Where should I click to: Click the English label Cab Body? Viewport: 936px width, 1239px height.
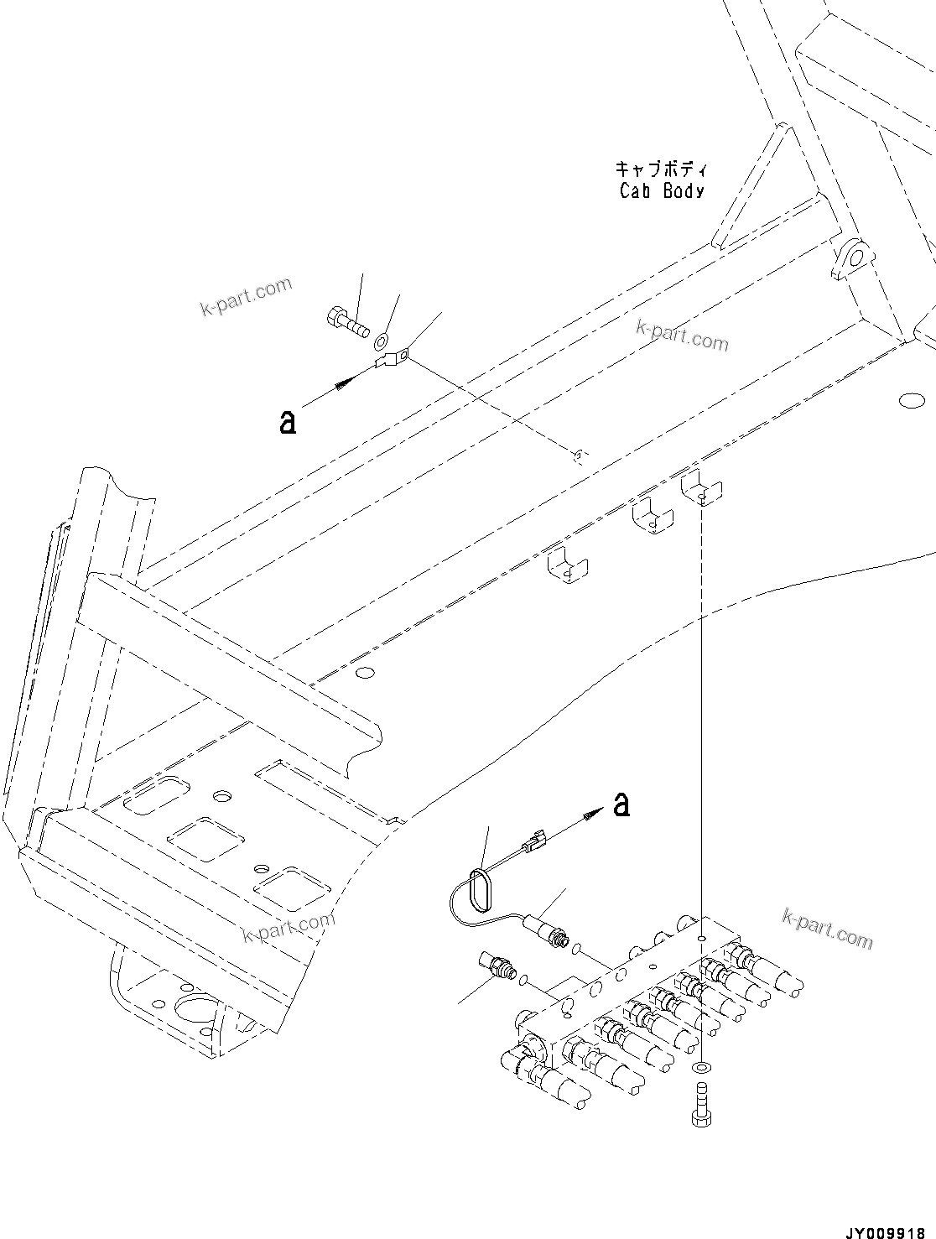pos(662,191)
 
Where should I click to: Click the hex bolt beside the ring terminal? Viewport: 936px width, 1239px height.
pos(346,320)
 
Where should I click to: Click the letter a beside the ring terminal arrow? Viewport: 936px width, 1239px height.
pos(288,423)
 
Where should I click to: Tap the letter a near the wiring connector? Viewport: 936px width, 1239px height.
pos(621,804)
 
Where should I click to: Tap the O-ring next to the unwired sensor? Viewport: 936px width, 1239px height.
pos(523,978)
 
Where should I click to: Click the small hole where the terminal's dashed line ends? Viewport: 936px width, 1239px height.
pos(577,455)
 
